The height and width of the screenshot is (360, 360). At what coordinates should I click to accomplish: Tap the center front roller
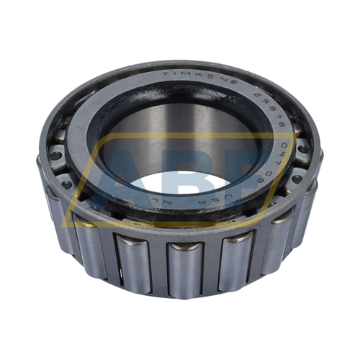(x=185, y=270)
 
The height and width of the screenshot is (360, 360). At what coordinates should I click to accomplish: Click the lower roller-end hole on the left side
(x=66, y=184)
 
